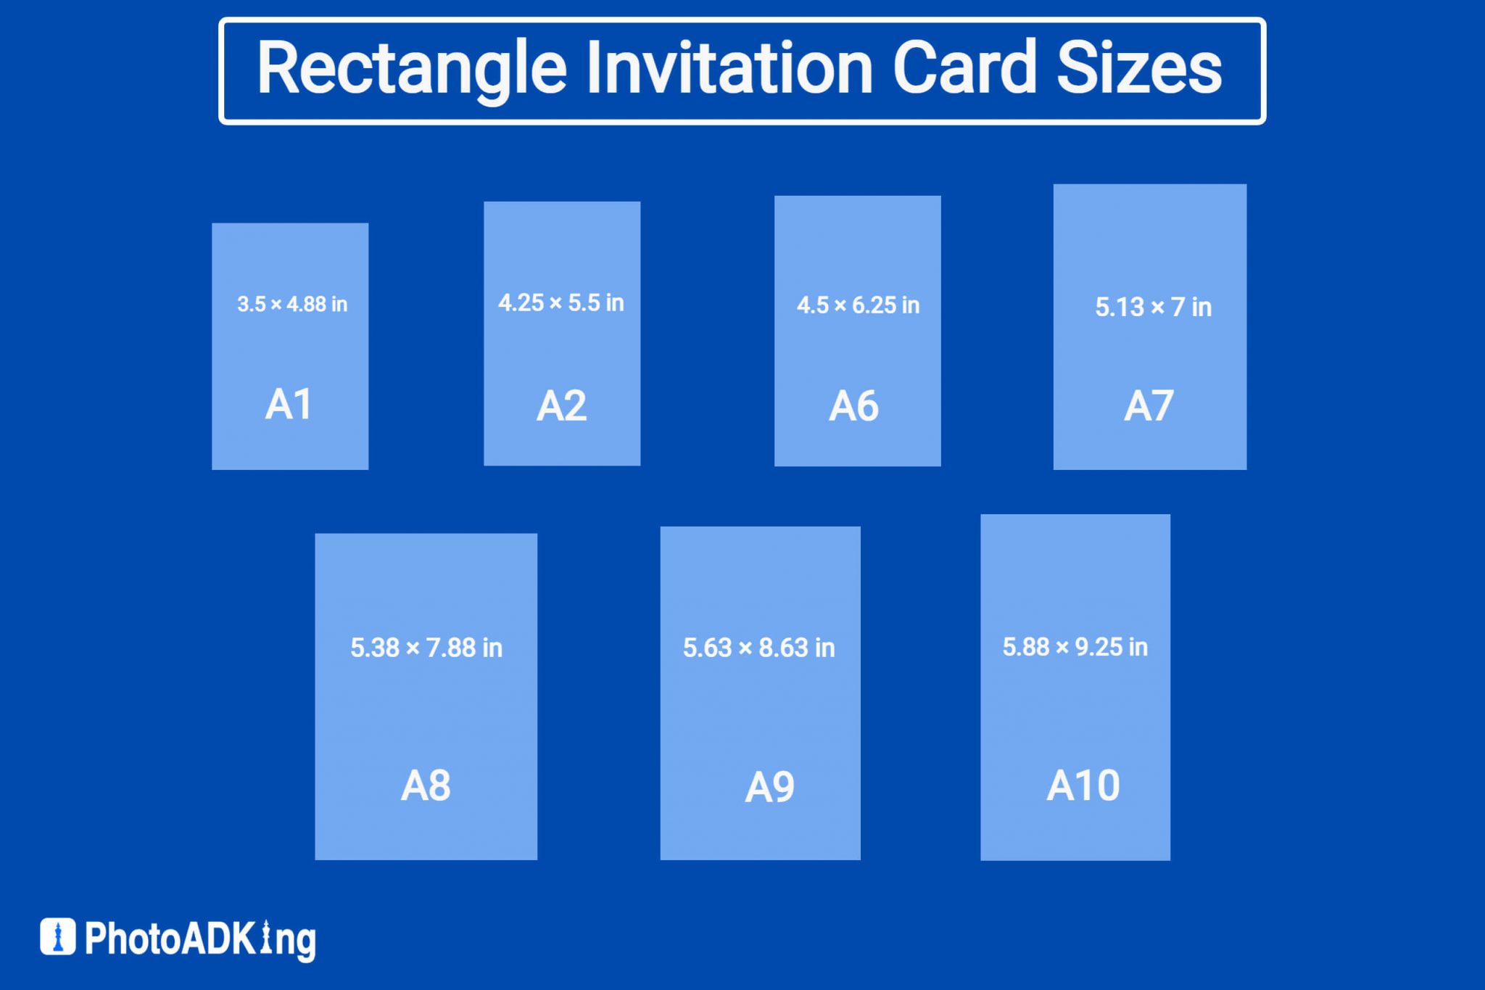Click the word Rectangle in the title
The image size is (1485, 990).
(x=411, y=69)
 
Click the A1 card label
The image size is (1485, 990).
(x=289, y=404)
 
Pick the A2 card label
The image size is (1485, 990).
(x=561, y=405)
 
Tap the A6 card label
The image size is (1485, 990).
(x=853, y=405)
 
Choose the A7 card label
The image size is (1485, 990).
(x=1149, y=405)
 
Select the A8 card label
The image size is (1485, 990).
(x=426, y=785)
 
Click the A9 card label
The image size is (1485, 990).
(x=769, y=787)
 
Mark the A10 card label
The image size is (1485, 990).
(x=1083, y=785)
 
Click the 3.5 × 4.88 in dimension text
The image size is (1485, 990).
(x=292, y=304)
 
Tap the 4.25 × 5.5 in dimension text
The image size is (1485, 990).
(x=561, y=302)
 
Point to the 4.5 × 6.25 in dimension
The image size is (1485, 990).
(x=858, y=305)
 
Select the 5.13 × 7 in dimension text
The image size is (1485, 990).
(x=1153, y=307)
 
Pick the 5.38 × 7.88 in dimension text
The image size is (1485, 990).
(x=426, y=648)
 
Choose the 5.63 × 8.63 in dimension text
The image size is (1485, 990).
(x=759, y=648)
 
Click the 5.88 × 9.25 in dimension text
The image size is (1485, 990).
(x=1075, y=647)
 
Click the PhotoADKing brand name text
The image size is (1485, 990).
(x=200, y=939)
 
